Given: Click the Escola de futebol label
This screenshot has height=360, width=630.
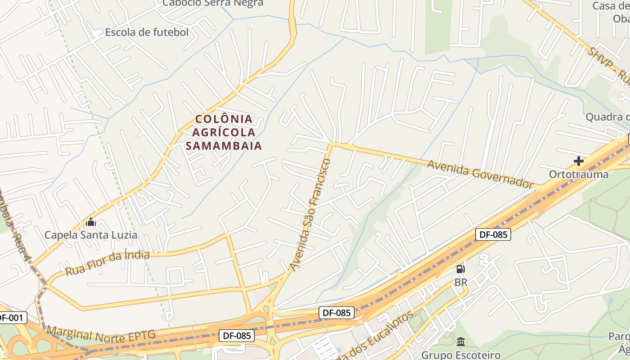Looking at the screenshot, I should coord(147,32).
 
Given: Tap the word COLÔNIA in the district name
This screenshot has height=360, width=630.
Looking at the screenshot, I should coord(224,119).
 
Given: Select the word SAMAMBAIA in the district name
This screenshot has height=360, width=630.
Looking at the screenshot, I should coord(224,146).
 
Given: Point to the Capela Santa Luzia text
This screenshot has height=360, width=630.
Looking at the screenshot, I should coord(90,235).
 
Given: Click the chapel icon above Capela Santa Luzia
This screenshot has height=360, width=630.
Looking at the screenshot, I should coord(91,222).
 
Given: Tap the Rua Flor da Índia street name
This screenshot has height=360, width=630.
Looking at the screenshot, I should coord(107,263).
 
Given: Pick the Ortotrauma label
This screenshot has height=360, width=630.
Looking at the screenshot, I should coord(579,174).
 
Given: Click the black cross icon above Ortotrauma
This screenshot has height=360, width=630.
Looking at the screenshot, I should coord(579,161).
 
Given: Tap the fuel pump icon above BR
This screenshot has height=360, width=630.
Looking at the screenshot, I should coord(461,270).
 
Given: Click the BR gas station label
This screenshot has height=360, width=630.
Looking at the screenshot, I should coord(461,283).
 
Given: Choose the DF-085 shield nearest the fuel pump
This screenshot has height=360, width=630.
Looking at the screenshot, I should coord(493,234).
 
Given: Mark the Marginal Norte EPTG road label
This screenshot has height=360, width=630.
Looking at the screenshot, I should coord(101,333).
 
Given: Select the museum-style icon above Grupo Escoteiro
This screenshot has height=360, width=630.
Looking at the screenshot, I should coord(461,342).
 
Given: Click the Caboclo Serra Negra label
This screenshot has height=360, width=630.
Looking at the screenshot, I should coord(213,3).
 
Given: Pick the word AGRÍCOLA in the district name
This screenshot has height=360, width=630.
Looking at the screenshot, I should coord(224,132).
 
